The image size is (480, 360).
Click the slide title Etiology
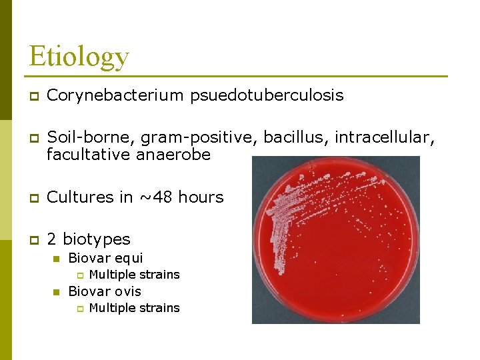click(79, 56)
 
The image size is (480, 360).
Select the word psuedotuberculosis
click(267, 95)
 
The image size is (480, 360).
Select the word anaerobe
click(179, 155)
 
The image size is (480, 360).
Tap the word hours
click(202, 197)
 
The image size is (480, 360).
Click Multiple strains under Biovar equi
click(134, 275)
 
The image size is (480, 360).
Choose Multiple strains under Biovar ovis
click(134, 308)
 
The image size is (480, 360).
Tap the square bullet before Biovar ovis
click(57, 291)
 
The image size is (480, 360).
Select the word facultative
click(89, 155)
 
